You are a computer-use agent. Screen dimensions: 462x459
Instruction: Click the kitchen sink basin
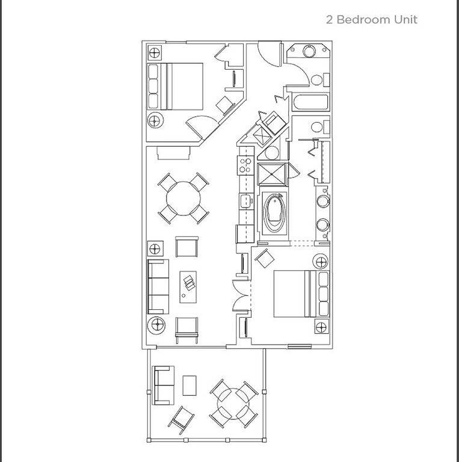click(x=245, y=200)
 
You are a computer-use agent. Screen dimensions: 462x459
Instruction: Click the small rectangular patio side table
click(x=189, y=384)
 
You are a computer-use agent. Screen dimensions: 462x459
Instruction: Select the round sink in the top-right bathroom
click(x=311, y=52)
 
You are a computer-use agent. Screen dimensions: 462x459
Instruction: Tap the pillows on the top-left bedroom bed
click(x=155, y=85)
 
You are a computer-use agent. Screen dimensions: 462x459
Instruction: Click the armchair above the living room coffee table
click(x=186, y=247)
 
